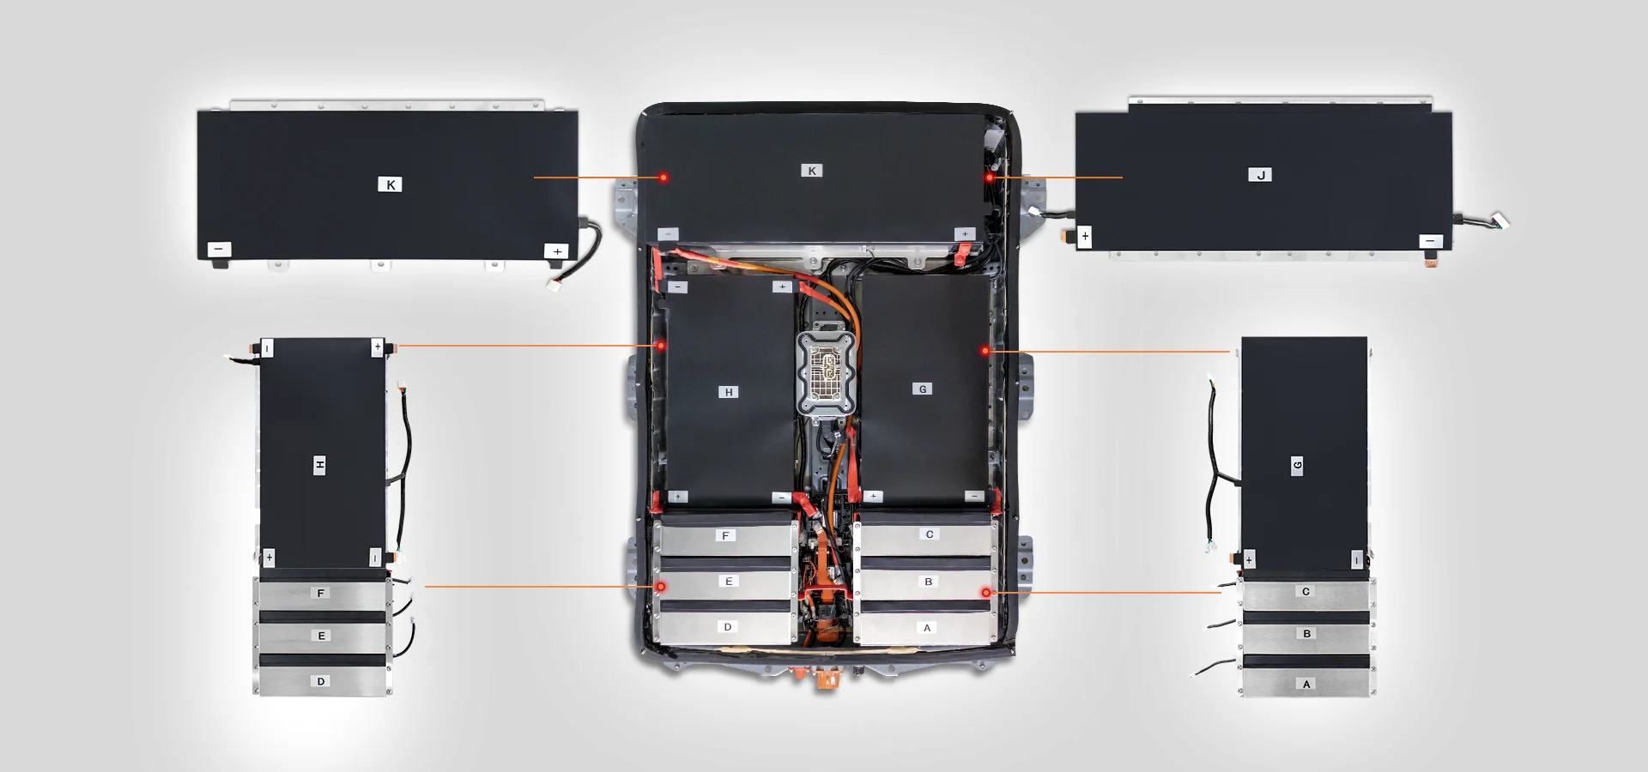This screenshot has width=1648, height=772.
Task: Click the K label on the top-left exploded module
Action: [390, 184]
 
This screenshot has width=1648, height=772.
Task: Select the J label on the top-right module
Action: [1260, 175]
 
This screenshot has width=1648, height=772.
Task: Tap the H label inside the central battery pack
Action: [729, 392]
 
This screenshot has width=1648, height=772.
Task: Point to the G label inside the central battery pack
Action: [923, 389]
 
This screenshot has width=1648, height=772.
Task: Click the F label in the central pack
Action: [726, 535]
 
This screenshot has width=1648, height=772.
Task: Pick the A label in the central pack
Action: [927, 628]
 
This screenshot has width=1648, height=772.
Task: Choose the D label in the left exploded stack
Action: [321, 681]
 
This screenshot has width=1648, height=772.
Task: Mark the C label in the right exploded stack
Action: [1306, 591]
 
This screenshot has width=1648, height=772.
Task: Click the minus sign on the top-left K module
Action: [219, 250]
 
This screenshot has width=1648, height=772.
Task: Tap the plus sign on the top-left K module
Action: [557, 251]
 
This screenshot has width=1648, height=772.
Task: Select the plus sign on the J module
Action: [1085, 235]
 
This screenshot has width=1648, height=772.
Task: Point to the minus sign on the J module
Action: [1431, 241]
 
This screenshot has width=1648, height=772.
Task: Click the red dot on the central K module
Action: [663, 178]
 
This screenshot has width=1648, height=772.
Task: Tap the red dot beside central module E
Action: [661, 587]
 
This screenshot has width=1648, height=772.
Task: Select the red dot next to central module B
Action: [986, 593]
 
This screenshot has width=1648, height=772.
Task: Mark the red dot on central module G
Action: [985, 351]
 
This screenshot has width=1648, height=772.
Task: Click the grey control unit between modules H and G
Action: [827, 374]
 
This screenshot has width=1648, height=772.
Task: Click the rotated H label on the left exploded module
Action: [319, 465]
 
